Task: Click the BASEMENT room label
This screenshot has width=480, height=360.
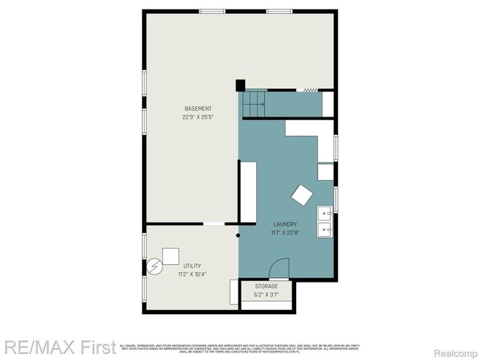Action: pos(197,108)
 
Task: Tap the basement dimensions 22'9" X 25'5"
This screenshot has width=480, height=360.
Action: pos(197,117)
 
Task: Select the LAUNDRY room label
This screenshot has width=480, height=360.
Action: pos(285,224)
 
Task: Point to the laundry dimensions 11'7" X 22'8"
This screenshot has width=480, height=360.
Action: pos(285,233)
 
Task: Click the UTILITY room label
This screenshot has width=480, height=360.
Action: pos(192,266)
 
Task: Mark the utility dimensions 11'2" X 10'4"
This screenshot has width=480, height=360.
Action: pos(192,274)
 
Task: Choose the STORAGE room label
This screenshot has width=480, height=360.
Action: pos(267,285)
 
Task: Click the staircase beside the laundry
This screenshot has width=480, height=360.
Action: pos(255,104)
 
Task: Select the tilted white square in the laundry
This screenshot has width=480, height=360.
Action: pos(302,195)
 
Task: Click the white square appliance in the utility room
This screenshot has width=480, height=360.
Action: pos(171,256)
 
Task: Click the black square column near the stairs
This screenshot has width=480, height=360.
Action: pos(240,85)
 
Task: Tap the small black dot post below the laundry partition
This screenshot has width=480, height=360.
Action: pos(239,236)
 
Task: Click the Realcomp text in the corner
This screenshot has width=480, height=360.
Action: pos(458,344)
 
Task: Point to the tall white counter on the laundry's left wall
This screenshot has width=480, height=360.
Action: pos(247,191)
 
